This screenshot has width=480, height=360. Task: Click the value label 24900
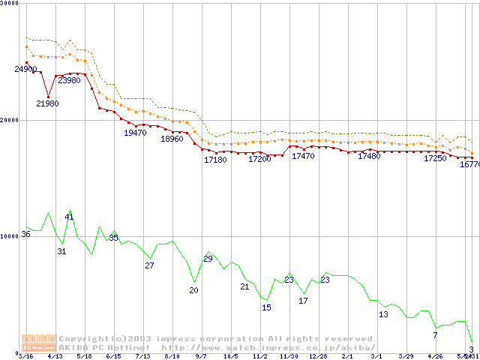pos(25,70)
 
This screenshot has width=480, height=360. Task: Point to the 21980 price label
pos(47,103)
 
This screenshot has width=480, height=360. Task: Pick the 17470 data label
pos(303,156)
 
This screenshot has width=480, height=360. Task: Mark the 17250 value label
pos(435,159)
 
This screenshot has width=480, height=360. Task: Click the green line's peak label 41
pos(69,217)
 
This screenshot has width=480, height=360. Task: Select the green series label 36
pos(25,235)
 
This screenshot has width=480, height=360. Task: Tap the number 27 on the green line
pos(149,265)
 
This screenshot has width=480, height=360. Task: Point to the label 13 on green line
pos(383,314)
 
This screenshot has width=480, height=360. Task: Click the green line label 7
pos(435,335)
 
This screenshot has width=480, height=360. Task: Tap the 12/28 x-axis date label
pos(318,356)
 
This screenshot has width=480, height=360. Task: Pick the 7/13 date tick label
pos(142,356)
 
